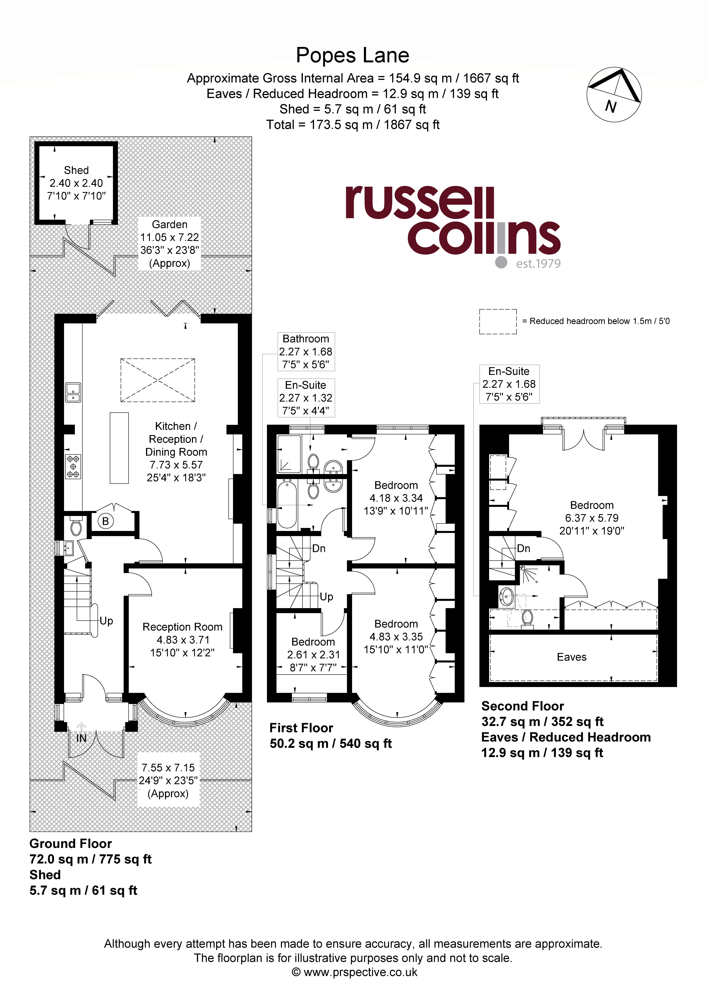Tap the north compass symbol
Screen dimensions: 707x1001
click(x=614, y=95)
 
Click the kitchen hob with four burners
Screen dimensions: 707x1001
click(x=73, y=466)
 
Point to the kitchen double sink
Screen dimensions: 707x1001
click(x=73, y=392)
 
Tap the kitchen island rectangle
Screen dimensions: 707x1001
click(x=119, y=448)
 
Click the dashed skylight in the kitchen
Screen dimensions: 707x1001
click(x=158, y=380)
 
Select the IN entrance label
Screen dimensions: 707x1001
click(x=82, y=738)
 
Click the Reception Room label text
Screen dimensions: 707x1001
click(x=182, y=627)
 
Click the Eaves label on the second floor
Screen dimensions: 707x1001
click(x=571, y=657)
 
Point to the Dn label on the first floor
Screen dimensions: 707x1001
click(x=319, y=549)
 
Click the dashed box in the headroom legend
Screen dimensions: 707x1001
click(x=498, y=322)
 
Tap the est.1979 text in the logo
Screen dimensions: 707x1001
click(x=538, y=263)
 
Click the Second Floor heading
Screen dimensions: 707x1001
click(x=523, y=706)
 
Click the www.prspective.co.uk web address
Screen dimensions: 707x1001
click(x=360, y=972)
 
